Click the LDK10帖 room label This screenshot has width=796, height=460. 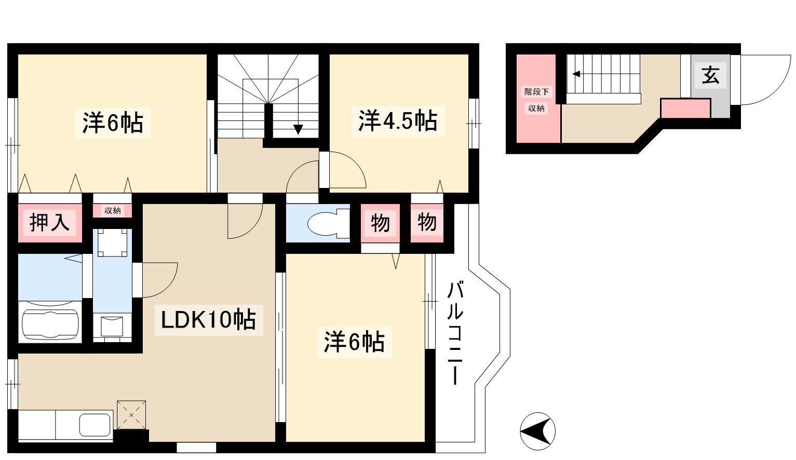click(208, 320)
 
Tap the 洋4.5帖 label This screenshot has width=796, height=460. click(398, 121)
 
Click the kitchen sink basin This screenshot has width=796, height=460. click(95, 425)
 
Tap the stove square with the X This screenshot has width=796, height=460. click(131, 415)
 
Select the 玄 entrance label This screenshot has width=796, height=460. click(710, 75)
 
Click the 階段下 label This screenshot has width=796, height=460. click(536, 92)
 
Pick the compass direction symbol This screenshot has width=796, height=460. click(537, 431)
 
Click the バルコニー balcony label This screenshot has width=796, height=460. click(455, 333)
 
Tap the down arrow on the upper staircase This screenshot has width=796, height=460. click(298, 129)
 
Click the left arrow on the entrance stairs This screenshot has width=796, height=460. click(576, 74)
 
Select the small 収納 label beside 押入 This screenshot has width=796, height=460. click(112, 211)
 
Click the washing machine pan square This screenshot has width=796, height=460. click(112, 242)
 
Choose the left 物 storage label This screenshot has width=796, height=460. click(380, 223)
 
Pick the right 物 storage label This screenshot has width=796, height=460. click(427, 222)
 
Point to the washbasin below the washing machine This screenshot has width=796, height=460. click(112, 326)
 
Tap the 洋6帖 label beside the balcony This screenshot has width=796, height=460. click(354, 342)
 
